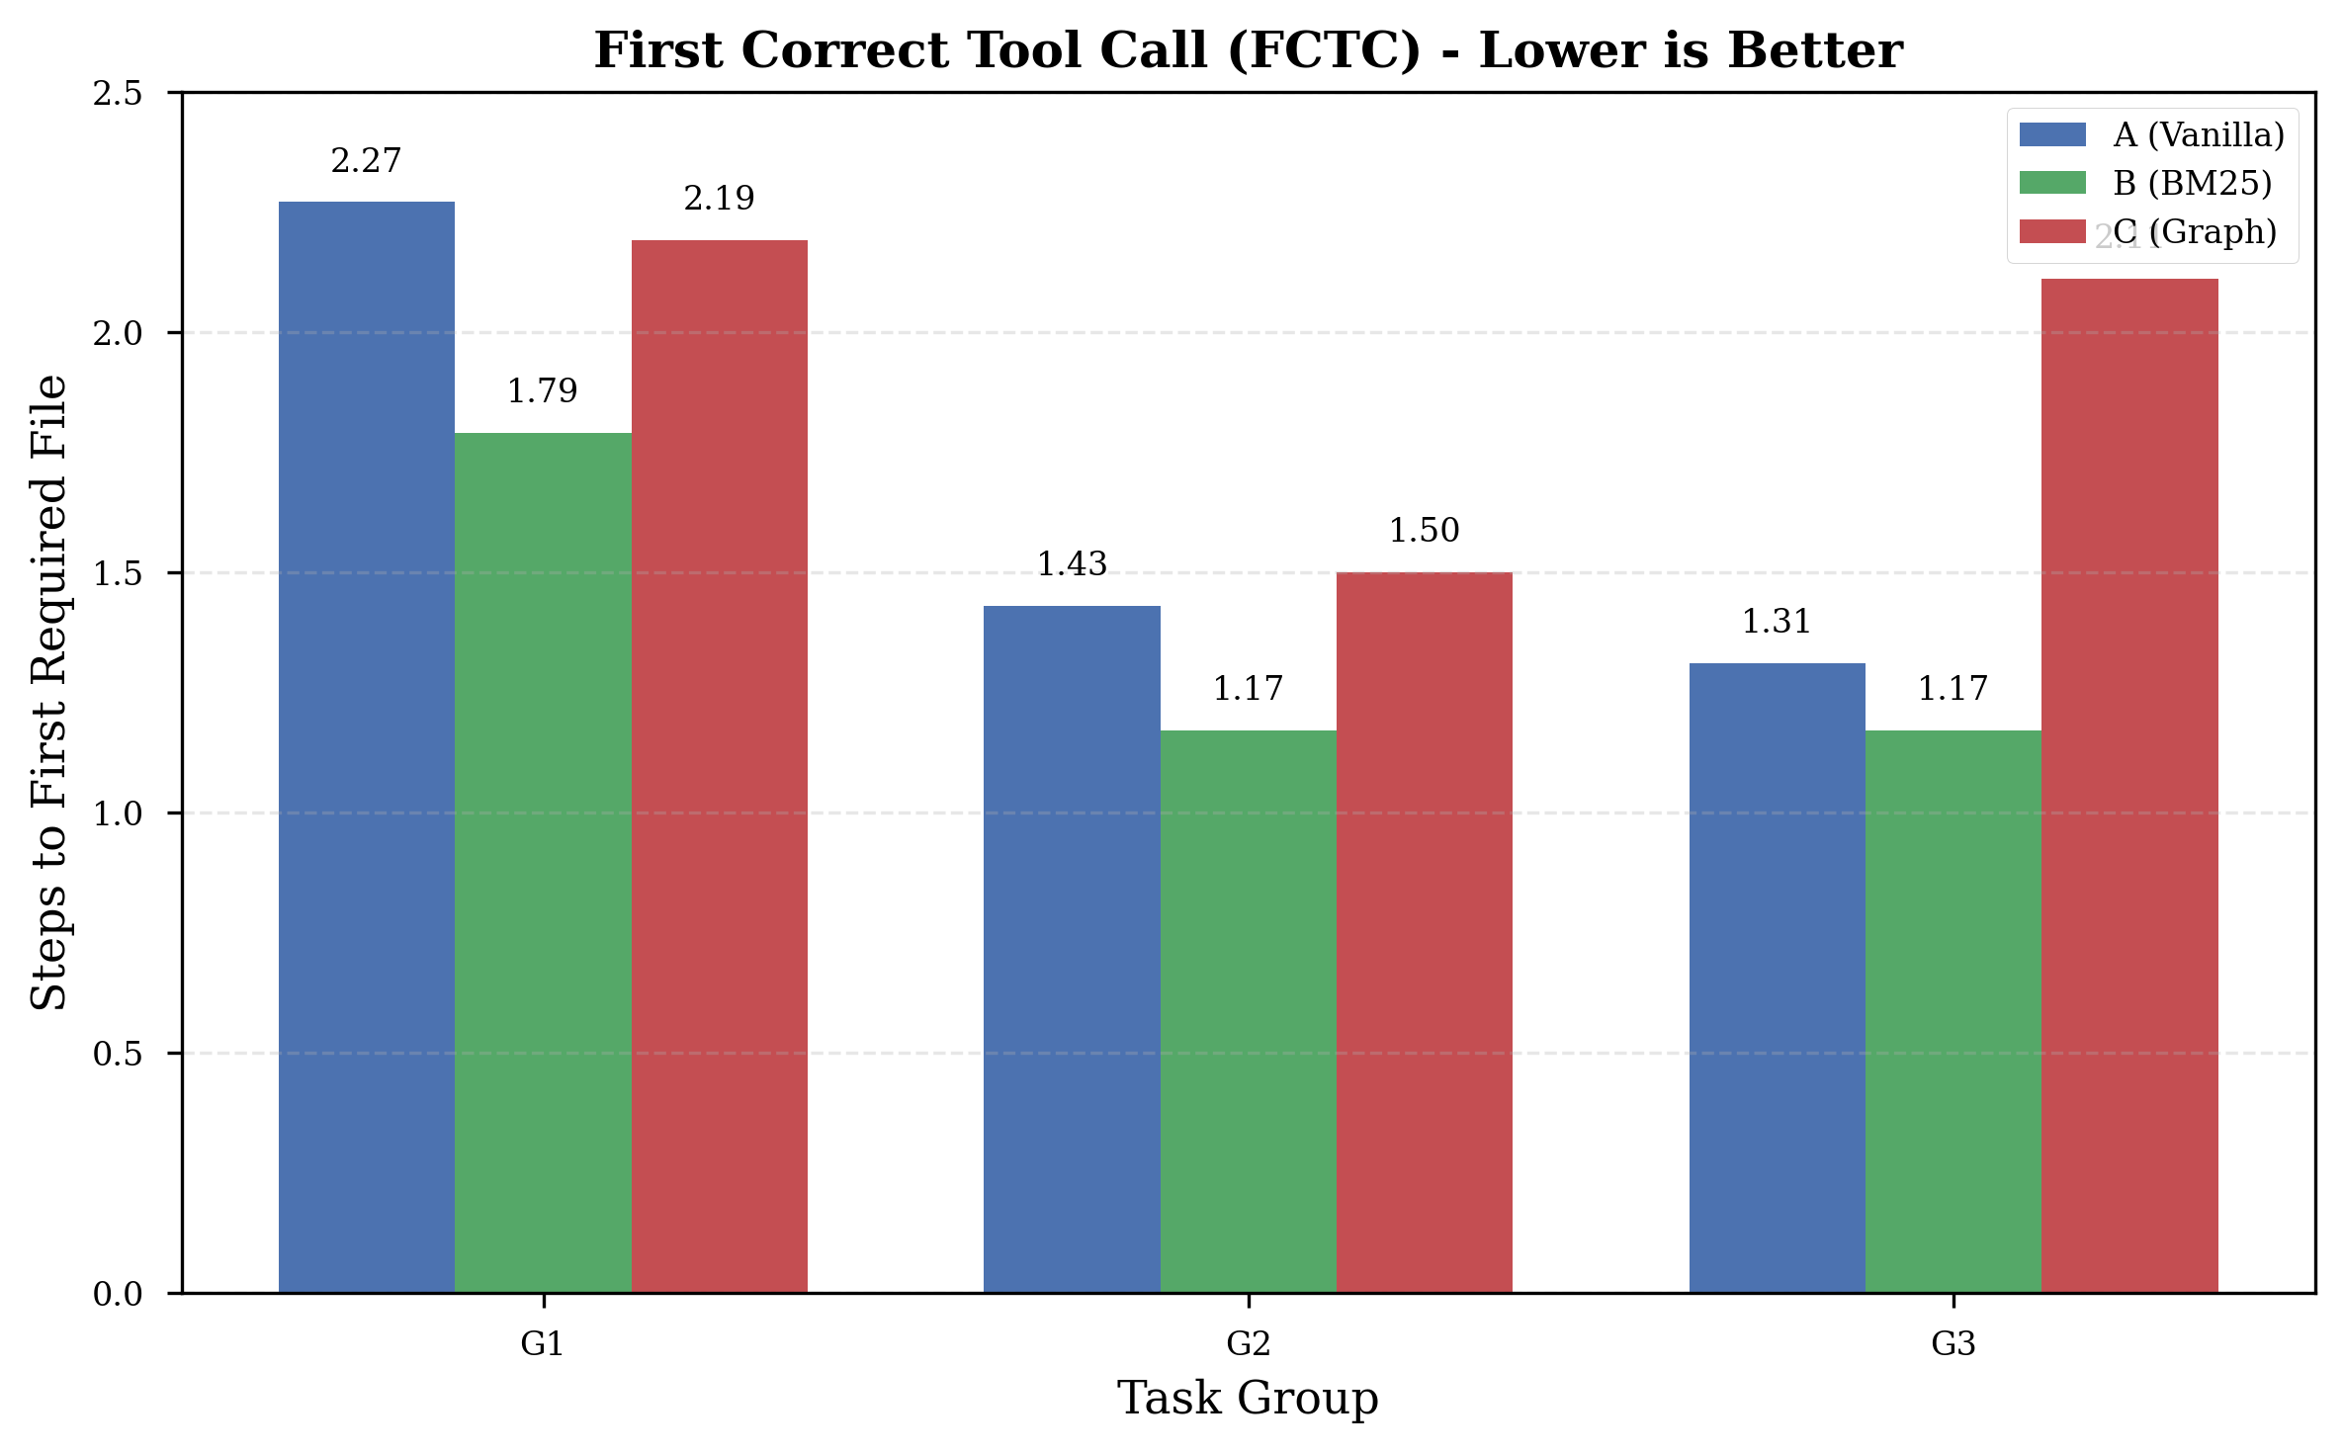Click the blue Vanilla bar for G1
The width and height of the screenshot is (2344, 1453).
point(366,746)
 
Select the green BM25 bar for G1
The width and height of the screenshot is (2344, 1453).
point(543,862)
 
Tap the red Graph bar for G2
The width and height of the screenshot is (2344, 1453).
point(1424,931)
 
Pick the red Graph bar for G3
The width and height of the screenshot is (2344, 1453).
point(2129,786)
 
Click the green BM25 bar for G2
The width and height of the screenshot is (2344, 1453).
point(1248,1010)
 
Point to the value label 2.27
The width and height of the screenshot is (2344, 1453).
point(366,161)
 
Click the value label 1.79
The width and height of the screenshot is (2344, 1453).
point(542,391)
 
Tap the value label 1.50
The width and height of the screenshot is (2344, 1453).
point(1424,531)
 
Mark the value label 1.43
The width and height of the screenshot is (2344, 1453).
point(1072,564)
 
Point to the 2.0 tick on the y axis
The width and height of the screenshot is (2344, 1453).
point(118,333)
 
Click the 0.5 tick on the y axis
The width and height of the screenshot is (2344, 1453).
point(118,1054)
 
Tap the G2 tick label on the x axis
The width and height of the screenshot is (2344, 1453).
point(1248,1344)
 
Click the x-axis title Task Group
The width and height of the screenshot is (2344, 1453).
point(1248,1399)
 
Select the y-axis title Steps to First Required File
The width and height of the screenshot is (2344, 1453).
point(49,692)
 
